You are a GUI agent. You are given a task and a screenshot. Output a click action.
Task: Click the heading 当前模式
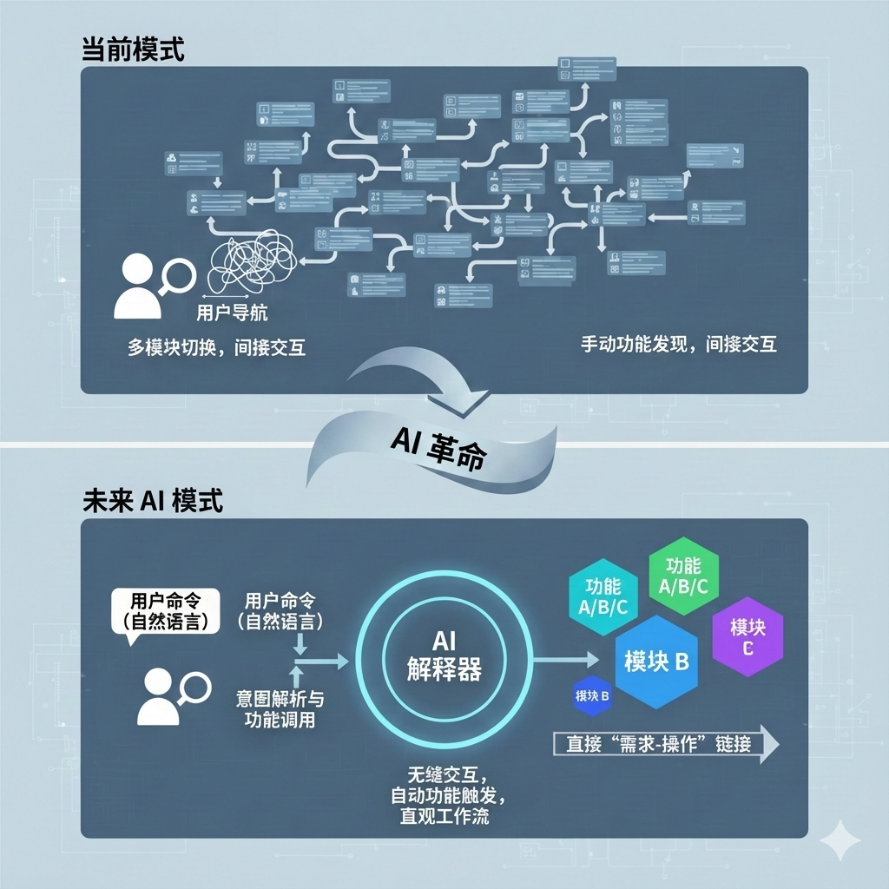pos(133,49)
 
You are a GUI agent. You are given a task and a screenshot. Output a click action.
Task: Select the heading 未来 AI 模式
pos(152,501)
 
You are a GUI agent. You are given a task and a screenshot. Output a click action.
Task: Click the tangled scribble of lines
pos(252,262)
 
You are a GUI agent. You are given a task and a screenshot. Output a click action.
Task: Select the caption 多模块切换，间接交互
pos(217,347)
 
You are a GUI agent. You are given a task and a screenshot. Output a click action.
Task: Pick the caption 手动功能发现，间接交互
pos(679,345)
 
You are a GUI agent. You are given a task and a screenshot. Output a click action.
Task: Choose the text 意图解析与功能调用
pos(280,710)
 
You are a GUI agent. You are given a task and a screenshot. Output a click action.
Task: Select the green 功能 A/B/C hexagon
pos(683,575)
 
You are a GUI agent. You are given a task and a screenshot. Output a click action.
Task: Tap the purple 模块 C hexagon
pos(747,636)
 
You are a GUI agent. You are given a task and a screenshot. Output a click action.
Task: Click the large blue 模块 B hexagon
pos(656,662)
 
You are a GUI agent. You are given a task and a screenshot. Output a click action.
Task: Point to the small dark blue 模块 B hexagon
pos(592,695)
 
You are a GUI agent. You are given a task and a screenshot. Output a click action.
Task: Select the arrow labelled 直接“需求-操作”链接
pos(665,744)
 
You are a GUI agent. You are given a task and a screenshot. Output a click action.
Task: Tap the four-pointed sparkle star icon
pos(841,841)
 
